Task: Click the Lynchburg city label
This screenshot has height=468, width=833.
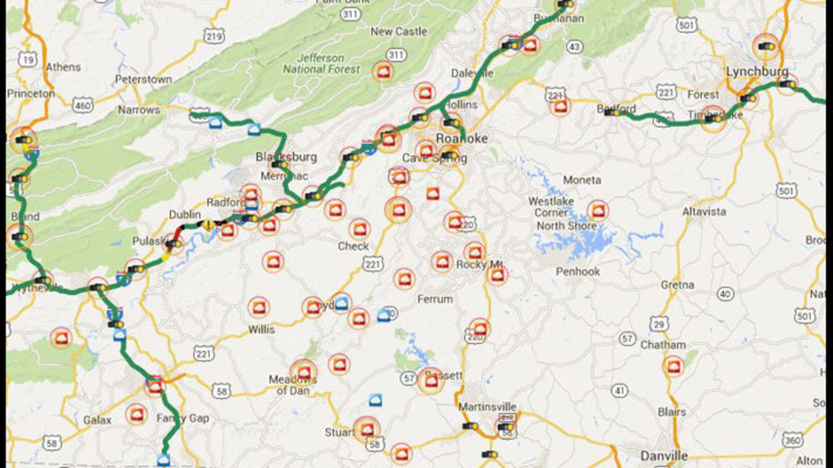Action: pyautogui.click(x=757, y=71)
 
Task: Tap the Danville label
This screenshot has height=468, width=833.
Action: pyautogui.click(x=664, y=455)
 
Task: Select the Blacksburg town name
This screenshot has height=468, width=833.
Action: pyautogui.click(x=286, y=157)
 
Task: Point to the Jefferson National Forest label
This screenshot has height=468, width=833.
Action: pyautogui.click(x=321, y=62)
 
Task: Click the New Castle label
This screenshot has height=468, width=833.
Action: pyautogui.click(x=398, y=31)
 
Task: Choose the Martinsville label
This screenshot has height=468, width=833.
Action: pyautogui.click(x=487, y=407)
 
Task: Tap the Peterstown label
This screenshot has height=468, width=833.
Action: pyautogui.click(x=143, y=79)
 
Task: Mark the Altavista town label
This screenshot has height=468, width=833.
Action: pyautogui.click(x=704, y=212)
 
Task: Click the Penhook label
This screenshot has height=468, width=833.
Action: pyautogui.click(x=578, y=272)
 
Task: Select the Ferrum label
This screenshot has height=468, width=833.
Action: pyautogui.click(x=435, y=299)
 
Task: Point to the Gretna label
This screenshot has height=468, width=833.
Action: pyautogui.click(x=677, y=285)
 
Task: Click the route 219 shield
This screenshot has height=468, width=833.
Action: pyautogui.click(x=214, y=36)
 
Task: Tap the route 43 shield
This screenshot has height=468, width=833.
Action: pyautogui.click(x=574, y=47)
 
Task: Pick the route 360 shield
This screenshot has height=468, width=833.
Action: pyautogui.click(x=792, y=441)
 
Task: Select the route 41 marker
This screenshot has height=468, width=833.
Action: pyautogui.click(x=620, y=391)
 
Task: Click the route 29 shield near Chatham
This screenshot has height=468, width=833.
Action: pyautogui.click(x=659, y=324)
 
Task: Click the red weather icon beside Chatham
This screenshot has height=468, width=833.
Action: pyautogui.click(x=674, y=367)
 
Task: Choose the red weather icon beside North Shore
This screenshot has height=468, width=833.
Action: pyautogui.click(x=597, y=211)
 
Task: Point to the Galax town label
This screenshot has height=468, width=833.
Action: pyautogui.click(x=97, y=420)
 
